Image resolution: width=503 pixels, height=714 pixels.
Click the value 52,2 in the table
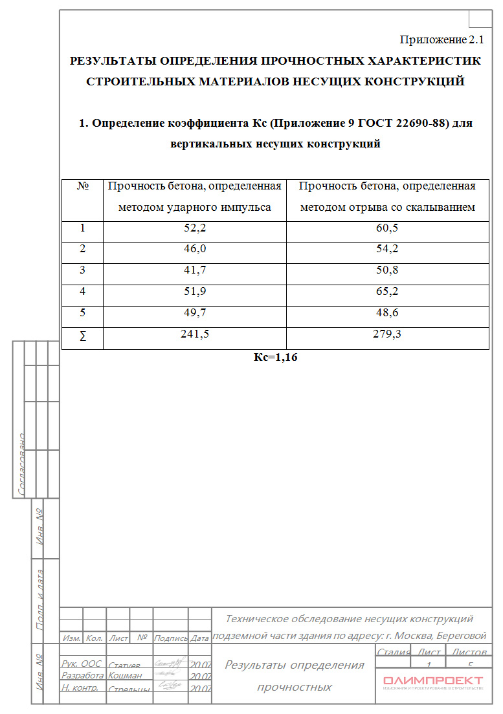tap(194, 228)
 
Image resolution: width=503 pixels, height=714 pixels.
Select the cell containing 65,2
tap(387, 292)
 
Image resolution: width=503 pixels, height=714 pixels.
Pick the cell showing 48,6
tap(387, 313)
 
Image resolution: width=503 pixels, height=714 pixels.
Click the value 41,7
tap(194, 270)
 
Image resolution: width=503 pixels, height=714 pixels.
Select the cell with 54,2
tap(387, 250)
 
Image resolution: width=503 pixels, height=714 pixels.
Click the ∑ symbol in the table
tap(82, 336)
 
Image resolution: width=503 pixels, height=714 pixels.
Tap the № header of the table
tap(82, 186)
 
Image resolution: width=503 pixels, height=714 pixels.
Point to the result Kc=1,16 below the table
tap(275, 357)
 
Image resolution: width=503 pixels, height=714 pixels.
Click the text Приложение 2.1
tap(442, 40)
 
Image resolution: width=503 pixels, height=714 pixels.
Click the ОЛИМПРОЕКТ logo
tap(432, 681)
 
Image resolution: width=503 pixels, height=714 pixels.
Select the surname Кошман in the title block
tap(125, 675)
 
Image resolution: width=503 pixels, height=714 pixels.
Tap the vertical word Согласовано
tap(21, 464)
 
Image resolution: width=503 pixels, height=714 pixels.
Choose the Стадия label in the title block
tap(392, 652)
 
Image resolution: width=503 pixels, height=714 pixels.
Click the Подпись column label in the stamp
tap(170, 638)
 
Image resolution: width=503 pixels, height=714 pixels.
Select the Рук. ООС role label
tap(81, 664)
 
